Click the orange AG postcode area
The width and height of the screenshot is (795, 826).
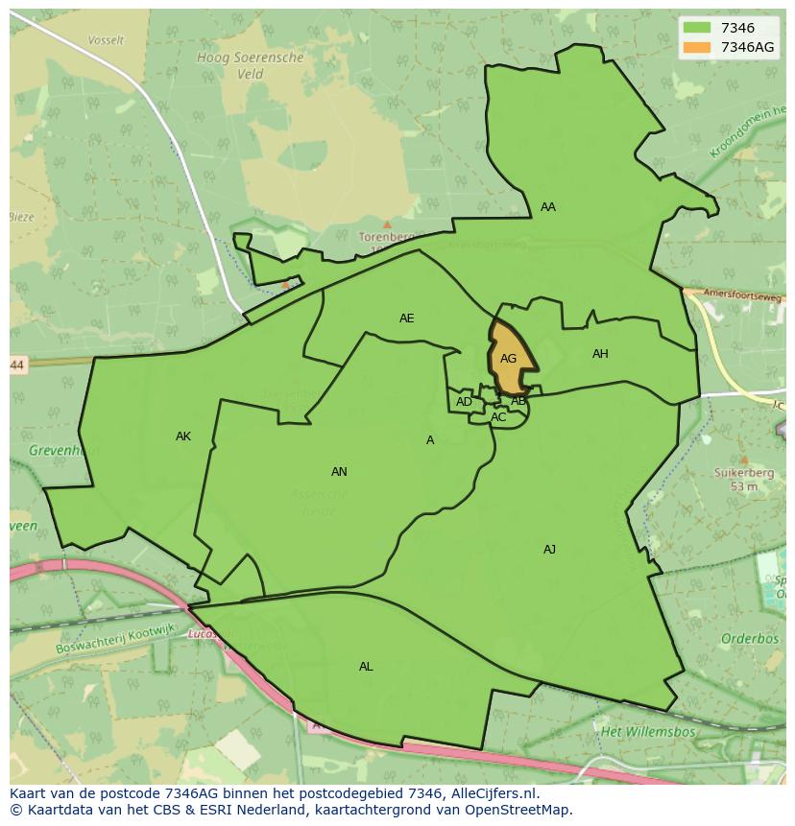pyautogui.click(x=510, y=358)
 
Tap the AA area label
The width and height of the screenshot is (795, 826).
pyautogui.click(x=547, y=207)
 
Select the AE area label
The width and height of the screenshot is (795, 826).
pyautogui.click(x=407, y=319)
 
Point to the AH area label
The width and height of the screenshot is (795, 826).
pyautogui.click(x=600, y=354)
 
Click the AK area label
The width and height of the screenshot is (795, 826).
pyautogui.click(x=183, y=437)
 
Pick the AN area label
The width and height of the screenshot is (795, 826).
pyautogui.click(x=339, y=471)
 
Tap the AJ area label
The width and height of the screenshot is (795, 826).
pyautogui.click(x=549, y=550)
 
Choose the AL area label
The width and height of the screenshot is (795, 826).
pyautogui.click(x=366, y=667)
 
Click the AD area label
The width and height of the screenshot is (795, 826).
pyautogui.click(x=464, y=402)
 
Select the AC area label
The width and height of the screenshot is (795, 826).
pyautogui.click(x=498, y=417)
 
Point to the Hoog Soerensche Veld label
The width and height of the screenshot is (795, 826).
pyautogui.click(x=251, y=65)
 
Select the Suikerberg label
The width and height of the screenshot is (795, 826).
pyautogui.click(x=737, y=472)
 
